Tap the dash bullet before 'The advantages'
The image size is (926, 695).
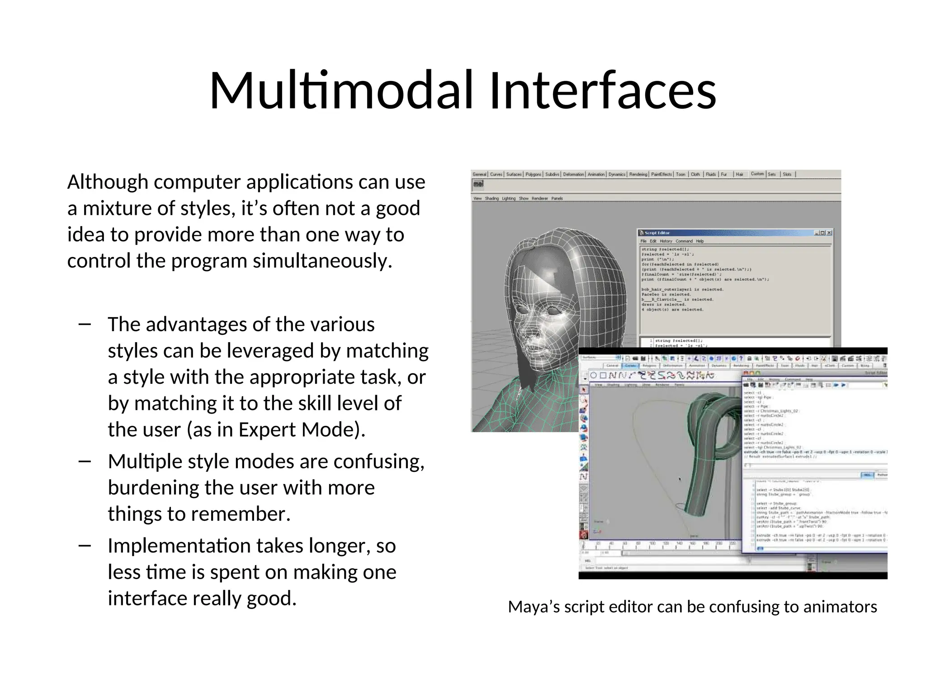[x=85, y=324]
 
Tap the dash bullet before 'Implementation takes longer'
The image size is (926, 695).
[x=85, y=546]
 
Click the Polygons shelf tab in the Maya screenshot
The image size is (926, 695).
[x=533, y=174]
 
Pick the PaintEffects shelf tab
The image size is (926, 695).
[x=661, y=174]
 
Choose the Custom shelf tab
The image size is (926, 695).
[x=757, y=174]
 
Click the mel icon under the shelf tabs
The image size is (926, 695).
[x=478, y=184]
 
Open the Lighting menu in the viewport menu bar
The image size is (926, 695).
[x=508, y=198]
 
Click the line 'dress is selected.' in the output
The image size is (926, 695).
[x=663, y=305]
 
